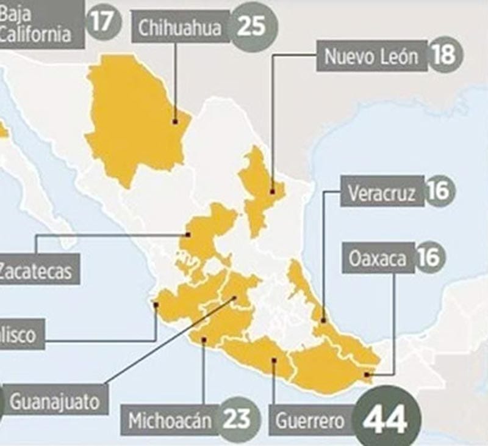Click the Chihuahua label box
pos(179,28)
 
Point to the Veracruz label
pos(381,194)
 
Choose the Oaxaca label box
pos(378,258)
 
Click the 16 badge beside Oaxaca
pos(430,257)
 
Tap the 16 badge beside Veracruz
pos(439,192)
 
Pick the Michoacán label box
pos(170,420)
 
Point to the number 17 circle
pos(104,21)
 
